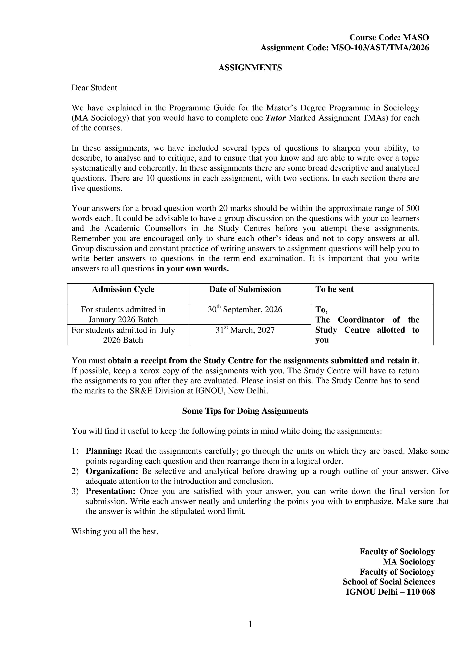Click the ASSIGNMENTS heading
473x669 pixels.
pos(250,68)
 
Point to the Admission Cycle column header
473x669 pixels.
pos(123,289)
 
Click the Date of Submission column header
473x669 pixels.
pos(245,289)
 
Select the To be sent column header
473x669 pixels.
pos(334,289)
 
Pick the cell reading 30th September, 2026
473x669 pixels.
pos(245,310)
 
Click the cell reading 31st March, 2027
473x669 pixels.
pos(245,330)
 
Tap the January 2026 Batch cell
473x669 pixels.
pos(123,315)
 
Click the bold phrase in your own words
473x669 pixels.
pos(193,268)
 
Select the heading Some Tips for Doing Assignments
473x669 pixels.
pos(245,411)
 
